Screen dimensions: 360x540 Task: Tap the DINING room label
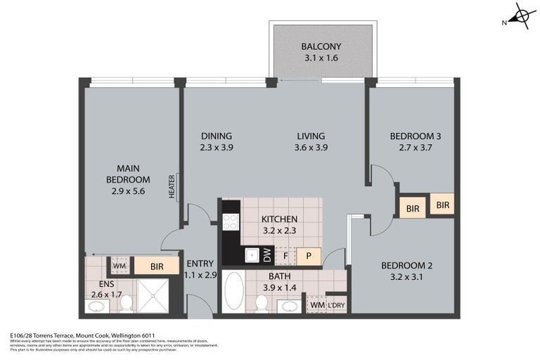click(x=216, y=136)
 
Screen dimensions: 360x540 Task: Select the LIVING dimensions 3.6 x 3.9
click(x=311, y=148)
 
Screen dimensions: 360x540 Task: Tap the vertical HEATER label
click(x=172, y=187)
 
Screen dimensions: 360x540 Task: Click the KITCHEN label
click(x=279, y=219)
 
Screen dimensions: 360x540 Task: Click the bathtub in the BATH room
click(x=233, y=292)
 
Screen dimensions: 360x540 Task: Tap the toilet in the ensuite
click(x=127, y=302)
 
